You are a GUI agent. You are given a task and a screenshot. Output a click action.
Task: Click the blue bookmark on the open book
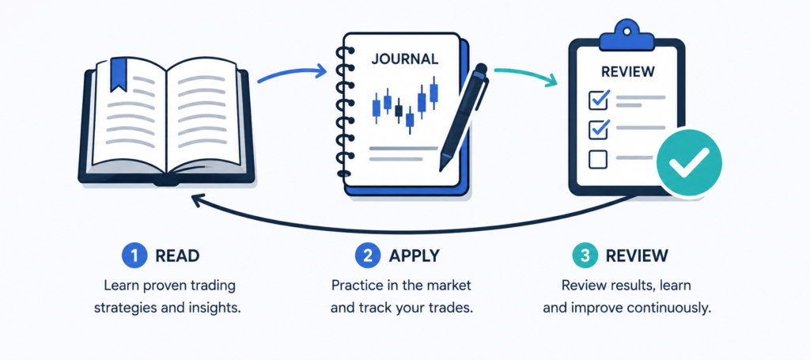coord(119,75)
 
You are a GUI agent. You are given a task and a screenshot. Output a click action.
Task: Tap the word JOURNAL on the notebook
coord(404,59)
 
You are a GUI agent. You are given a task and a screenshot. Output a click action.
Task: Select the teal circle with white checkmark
coord(689,162)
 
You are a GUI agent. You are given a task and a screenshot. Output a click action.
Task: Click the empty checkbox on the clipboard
coord(598,159)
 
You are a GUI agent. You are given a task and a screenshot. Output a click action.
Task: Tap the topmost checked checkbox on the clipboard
coord(599,99)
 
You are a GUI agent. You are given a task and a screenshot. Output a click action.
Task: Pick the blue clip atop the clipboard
coord(626,33)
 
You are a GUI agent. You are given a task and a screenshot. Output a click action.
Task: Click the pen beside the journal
coord(464,117)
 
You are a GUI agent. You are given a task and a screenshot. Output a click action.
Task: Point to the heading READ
coord(176,256)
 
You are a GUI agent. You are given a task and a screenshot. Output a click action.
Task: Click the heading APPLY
coord(414,256)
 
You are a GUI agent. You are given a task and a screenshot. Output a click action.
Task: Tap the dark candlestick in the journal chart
coord(399,110)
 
